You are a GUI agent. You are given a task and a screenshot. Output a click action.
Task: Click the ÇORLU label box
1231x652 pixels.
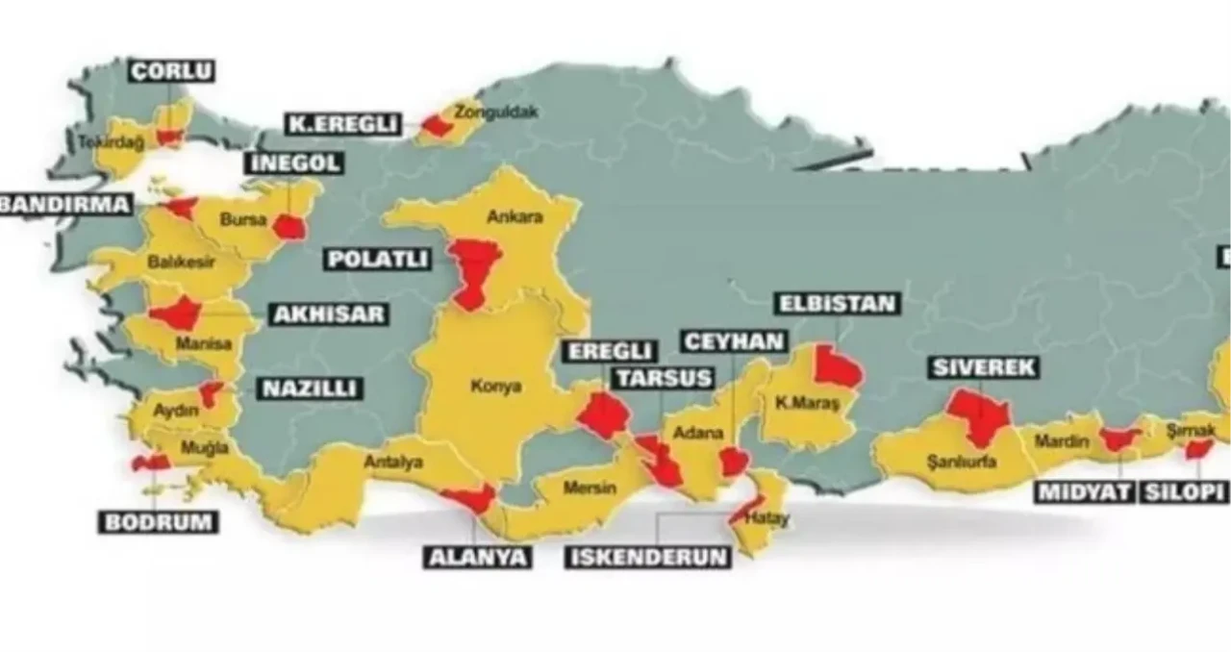(171, 71)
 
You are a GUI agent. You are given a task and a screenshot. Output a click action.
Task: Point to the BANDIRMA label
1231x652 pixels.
(64, 204)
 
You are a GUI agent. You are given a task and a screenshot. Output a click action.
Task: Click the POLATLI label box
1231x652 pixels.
(377, 260)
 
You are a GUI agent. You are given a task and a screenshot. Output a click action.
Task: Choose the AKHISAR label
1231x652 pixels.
(328, 314)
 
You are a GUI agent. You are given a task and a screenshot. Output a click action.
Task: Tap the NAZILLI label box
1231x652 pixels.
(310, 389)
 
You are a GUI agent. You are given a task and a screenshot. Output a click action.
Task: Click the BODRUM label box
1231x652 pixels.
(159, 522)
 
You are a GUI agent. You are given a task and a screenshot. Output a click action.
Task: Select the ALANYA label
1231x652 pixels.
(478, 557)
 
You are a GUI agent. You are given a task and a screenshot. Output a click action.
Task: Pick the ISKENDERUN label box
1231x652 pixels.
(647, 557)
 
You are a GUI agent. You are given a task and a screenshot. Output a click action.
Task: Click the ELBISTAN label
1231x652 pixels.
(838, 305)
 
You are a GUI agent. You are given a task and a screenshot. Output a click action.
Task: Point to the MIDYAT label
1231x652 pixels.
(1085, 493)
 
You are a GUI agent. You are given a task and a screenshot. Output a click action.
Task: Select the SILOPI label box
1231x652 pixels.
(1185, 493)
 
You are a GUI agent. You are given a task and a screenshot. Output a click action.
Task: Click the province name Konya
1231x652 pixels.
(496, 387)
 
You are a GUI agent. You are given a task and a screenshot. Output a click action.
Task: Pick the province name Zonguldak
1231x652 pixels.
(496, 112)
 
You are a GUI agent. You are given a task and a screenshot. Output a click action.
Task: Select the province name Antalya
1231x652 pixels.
(393, 463)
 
